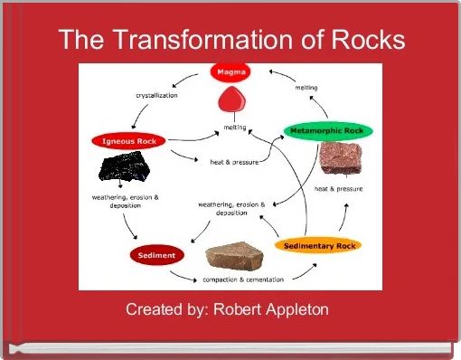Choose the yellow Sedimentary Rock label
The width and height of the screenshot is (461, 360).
(x=322, y=245)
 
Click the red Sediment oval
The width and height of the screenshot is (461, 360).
(x=149, y=255)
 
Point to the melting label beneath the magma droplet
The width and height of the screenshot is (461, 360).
(x=235, y=128)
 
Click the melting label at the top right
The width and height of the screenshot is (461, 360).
(x=306, y=88)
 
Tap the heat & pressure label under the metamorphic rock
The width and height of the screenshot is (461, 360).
(x=338, y=189)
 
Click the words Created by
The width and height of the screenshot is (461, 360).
(x=165, y=310)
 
